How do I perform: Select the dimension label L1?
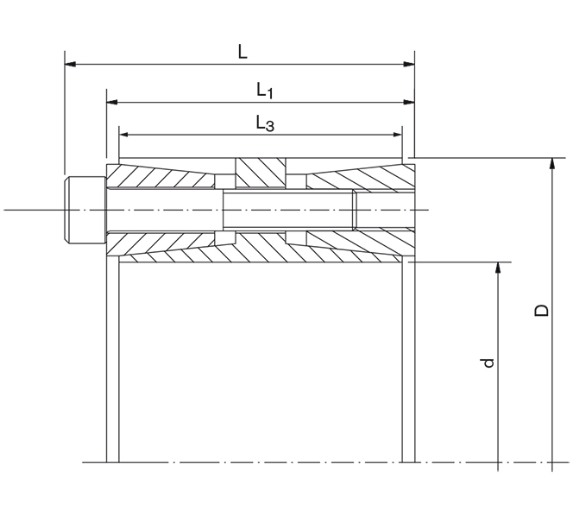coord(264,90)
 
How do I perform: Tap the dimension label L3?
coord(264,123)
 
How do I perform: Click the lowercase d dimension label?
coord(488,363)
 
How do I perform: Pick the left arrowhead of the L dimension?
coord(70,64)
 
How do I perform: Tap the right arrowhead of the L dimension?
coord(408,64)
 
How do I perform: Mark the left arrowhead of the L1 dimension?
coord(112,102)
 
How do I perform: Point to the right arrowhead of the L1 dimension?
coord(408,102)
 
